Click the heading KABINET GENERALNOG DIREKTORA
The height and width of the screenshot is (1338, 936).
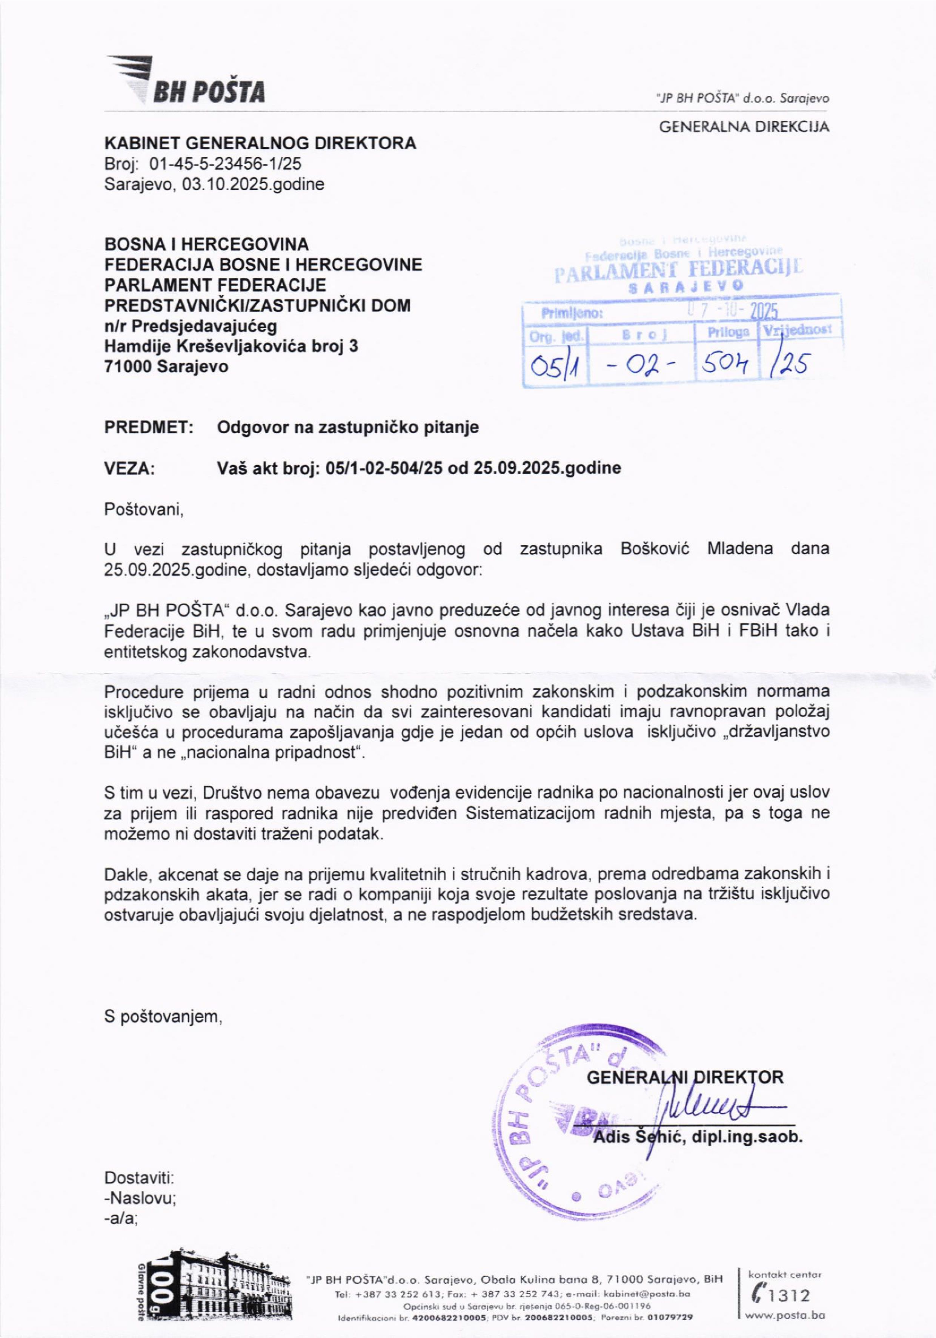click(x=260, y=143)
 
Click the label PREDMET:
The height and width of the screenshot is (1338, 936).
click(x=149, y=428)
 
